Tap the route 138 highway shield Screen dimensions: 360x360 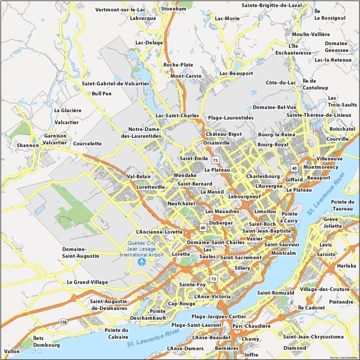tap(63, 322)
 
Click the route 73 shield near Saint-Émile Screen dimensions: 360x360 tap(215, 160)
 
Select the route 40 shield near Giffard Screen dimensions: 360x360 tap(294, 168)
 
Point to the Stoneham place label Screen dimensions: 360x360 tap(174, 9)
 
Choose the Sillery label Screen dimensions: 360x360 tap(242, 268)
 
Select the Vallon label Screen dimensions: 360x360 tap(12, 351)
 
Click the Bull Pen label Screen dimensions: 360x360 tap(102, 93)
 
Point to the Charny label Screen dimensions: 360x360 tap(251, 339)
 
